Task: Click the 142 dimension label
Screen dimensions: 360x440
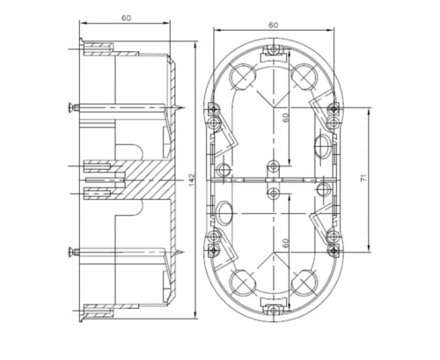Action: tap(191, 180)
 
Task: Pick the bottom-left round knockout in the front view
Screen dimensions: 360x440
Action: tap(240, 282)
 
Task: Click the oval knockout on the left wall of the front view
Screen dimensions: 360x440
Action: tap(225, 211)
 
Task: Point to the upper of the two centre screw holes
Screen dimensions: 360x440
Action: tap(274, 165)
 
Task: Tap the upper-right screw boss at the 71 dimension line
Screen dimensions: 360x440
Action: tap(332, 109)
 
